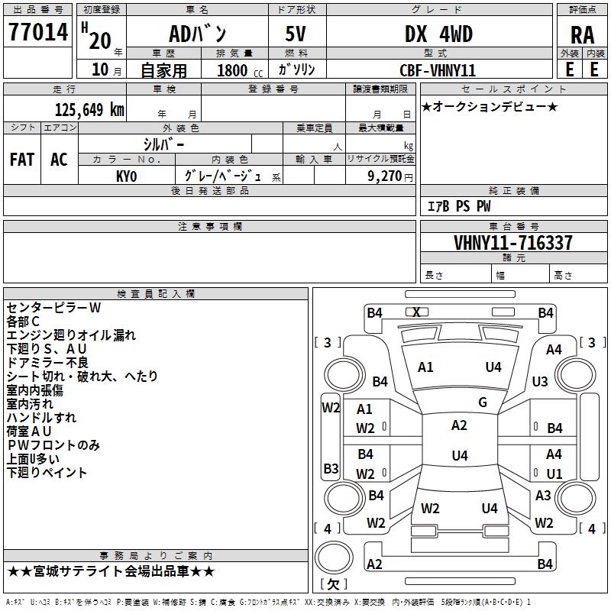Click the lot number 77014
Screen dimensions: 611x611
(x=38, y=32)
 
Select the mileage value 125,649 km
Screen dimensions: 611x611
(x=89, y=110)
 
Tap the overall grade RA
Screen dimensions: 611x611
(x=583, y=35)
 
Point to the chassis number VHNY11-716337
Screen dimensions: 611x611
(x=513, y=242)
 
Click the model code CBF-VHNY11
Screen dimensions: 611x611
(x=438, y=70)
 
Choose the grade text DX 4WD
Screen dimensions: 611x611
(x=438, y=34)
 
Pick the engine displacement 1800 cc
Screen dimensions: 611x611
(x=240, y=70)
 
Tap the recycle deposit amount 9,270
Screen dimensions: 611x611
(x=384, y=176)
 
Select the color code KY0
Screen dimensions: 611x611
(x=127, y=176)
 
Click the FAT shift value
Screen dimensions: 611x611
(x=22, y=160)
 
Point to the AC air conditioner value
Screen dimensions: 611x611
(x=59, y=160)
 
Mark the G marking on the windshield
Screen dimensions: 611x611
(x=483, y=402)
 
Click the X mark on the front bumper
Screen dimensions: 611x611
(x=416, y=312)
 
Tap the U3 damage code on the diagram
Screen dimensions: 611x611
(x=540, y=381)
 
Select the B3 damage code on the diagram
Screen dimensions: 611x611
(x=331, y=468)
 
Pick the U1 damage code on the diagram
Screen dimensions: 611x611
(x=554, y=474)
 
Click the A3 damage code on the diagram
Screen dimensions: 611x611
(x=543, y=495)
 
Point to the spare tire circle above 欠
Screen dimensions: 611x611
(x=334, y=558)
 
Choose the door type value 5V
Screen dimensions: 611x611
(x=296, y=34)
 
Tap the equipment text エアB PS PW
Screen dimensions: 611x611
(x=459, y=206)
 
